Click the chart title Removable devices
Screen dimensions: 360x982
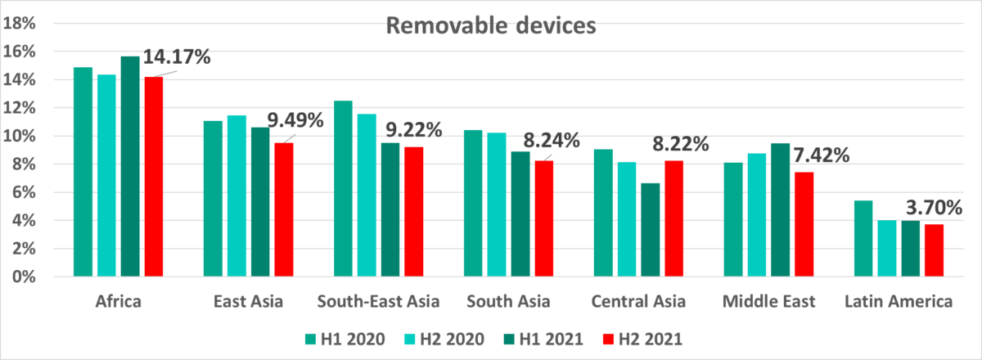click(x=491, y=26)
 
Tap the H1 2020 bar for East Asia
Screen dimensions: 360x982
click(x=213, y=199)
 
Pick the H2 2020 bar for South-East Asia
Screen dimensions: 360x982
click(x=367, y=196)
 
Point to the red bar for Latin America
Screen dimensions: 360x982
click(x=934, y=250)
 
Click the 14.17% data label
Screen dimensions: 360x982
click(x=178, y=58)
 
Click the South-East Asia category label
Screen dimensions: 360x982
click(x=379, y=302)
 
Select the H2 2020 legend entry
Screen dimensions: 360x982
click(x=446, y=338)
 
